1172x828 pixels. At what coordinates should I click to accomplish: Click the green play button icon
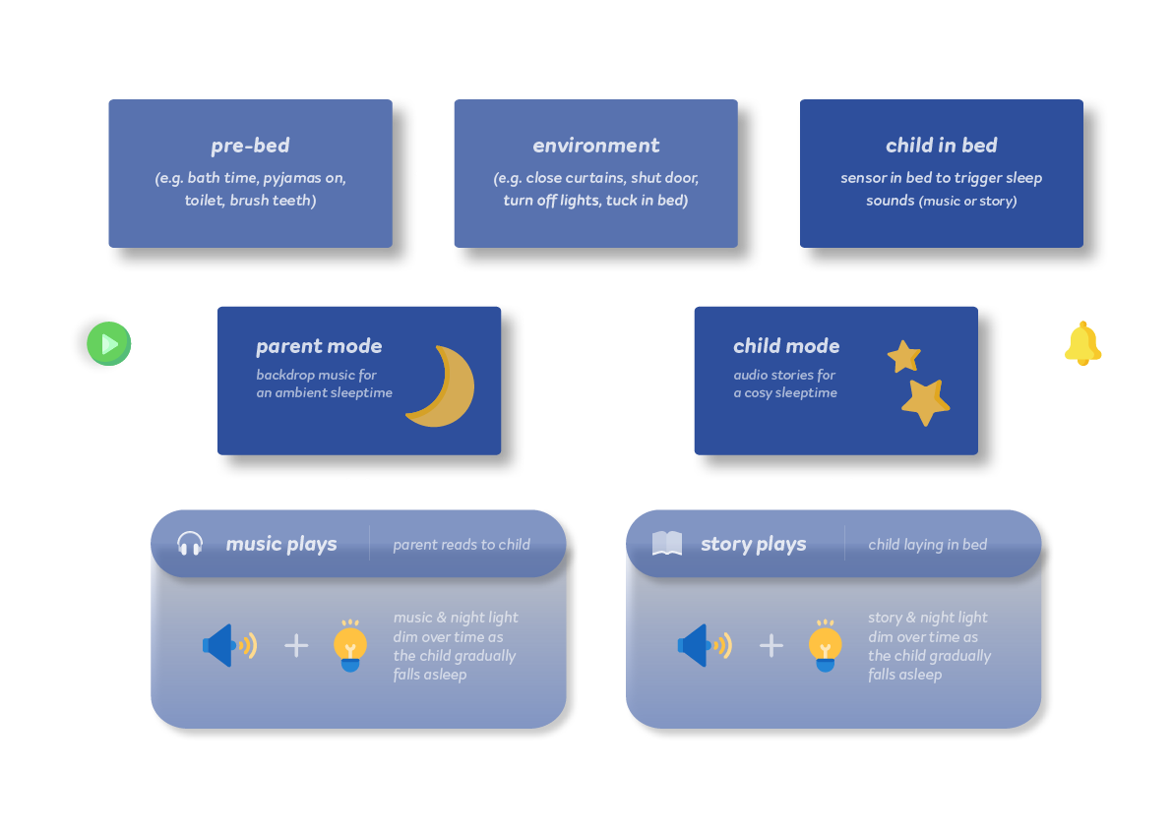(108, 344)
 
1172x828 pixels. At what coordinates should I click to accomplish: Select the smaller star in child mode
(903, 356)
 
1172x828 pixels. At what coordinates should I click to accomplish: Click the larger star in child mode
(925, 401)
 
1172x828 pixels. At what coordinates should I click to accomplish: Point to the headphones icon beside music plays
(190, 544)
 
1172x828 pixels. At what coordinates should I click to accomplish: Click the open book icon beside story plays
(667, 544)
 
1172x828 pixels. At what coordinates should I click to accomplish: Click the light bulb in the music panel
(349, 646)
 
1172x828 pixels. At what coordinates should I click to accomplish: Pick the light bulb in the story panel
(825, 646)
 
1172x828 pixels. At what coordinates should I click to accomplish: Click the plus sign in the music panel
(296, 645)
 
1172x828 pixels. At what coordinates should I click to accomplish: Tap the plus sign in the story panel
(771, 645)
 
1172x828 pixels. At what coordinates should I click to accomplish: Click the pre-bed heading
(250, 146)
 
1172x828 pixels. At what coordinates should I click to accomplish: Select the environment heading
(595, 146)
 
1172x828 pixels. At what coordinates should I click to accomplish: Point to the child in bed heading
(941, 146)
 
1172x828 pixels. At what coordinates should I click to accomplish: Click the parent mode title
(319, 346)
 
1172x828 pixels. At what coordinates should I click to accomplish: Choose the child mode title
(786, 346)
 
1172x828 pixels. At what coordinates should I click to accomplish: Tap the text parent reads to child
(462, 544)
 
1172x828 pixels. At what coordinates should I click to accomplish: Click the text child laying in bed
(927, 544)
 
